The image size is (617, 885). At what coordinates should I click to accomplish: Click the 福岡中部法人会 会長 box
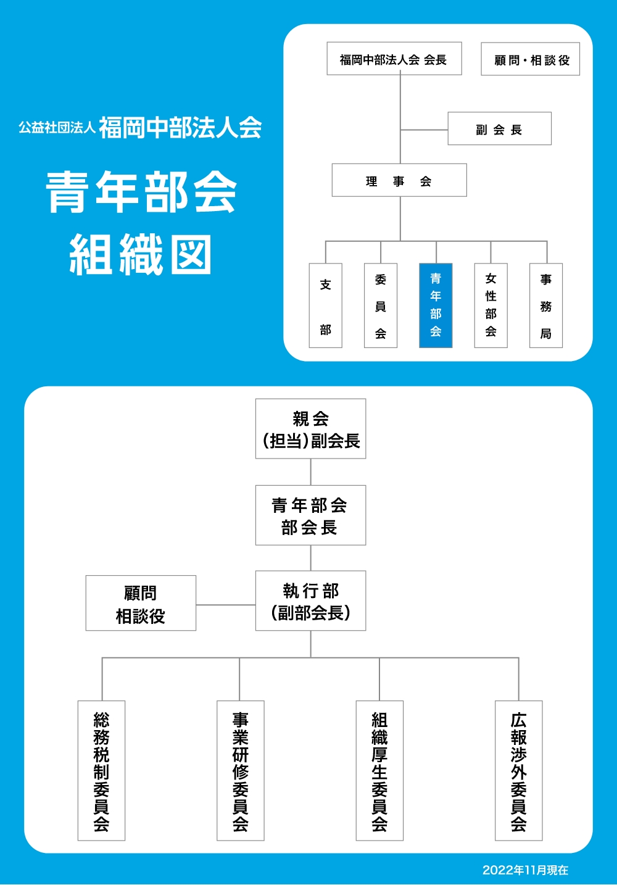pos(394,59)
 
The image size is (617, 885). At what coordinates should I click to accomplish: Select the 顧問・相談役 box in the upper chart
pos(530,59)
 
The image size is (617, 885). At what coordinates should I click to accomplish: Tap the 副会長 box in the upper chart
pos(499,129)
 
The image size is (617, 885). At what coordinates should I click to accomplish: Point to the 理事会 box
pos(399,180)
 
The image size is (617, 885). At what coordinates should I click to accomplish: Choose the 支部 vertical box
pos(326,306)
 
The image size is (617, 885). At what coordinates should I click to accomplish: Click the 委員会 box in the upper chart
pos(381,306)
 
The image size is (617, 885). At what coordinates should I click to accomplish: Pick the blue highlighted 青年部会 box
pos(436,306)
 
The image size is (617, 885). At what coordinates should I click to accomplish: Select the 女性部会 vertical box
pos(491,306)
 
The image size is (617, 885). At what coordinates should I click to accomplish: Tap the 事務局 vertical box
pos(546,306)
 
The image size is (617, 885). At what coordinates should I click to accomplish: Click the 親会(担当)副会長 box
pos(310,429)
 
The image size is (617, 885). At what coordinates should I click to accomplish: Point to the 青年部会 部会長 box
pos(310,515)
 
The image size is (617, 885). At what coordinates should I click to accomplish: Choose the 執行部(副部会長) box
pos(310,601)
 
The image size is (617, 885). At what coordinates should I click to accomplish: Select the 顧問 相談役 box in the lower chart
pos(141,604)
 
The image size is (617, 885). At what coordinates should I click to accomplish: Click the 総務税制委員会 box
pos(101,771)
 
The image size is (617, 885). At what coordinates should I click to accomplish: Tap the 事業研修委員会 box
pos(241,771)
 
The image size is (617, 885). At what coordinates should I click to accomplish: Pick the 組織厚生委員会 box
pos(379,771)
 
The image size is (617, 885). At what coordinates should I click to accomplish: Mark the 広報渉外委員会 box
pos(519,771)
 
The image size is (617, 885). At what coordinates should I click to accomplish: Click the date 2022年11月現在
pos(525,870)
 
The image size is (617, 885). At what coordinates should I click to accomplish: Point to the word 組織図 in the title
pos(141,254)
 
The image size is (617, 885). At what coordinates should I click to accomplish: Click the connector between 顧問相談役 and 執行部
pos(226,605)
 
